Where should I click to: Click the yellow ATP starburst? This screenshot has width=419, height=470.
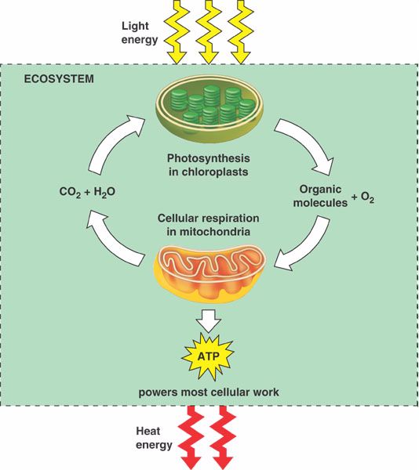[x=209, y=356]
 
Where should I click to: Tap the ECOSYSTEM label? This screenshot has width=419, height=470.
[x=59, y=79]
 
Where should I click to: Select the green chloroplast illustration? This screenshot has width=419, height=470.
[x=209, y=112]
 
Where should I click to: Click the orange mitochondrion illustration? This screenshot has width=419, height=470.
[x=209, y=273]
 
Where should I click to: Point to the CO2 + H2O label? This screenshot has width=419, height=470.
[x=87, y=192]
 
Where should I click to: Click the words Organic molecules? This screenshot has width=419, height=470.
[x=320, y=196]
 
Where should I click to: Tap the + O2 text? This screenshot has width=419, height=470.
[x=363, y=197]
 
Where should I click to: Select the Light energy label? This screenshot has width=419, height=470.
[x=140, y=33]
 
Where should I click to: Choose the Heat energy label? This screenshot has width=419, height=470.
[x=154, y=438]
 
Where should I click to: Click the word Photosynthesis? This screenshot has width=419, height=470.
[x=208, y=158]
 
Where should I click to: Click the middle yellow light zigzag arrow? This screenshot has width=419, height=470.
[x=208, y=31]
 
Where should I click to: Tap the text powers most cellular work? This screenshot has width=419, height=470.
[x=209, y=392]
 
